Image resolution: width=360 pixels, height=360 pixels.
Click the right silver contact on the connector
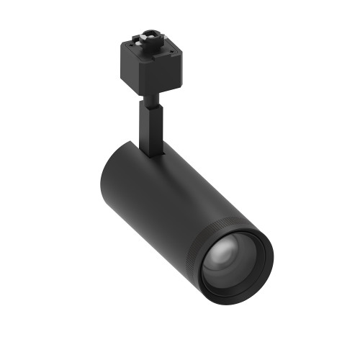click(158, 37)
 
